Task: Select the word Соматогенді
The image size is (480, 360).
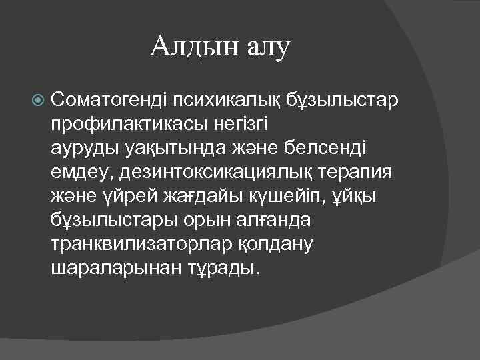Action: (x=108, y=101)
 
